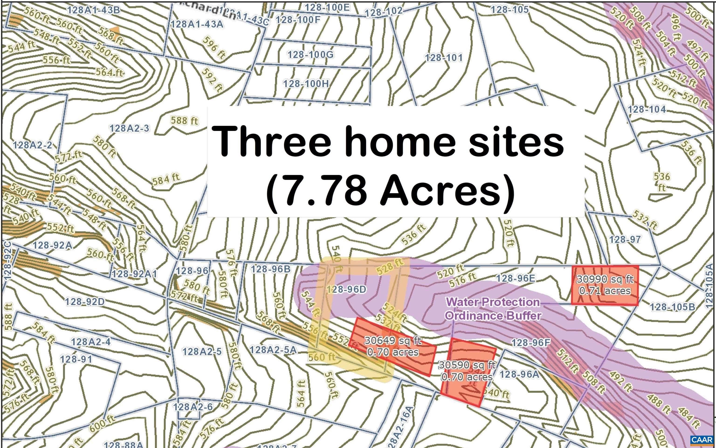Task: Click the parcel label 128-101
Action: pyautogui.click(x=444, y=58)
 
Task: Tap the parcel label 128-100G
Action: pyautogui.click(x=310, y=55)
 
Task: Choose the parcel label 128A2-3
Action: pyautogui.click(x=130, y=129)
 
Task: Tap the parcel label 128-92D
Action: pyautogui.click(x=85, y=302)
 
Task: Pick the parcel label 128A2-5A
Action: pyautogui.click(x=273, y=350)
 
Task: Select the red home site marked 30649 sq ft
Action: pyautogui.click(x=393, y=346)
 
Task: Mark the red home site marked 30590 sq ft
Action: pyautogui.click(x=467, y=371)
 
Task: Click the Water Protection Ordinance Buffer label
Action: pyautogui.click(x=493, y=309)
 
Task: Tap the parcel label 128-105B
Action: pyautogui.click(x=672, y=307)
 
